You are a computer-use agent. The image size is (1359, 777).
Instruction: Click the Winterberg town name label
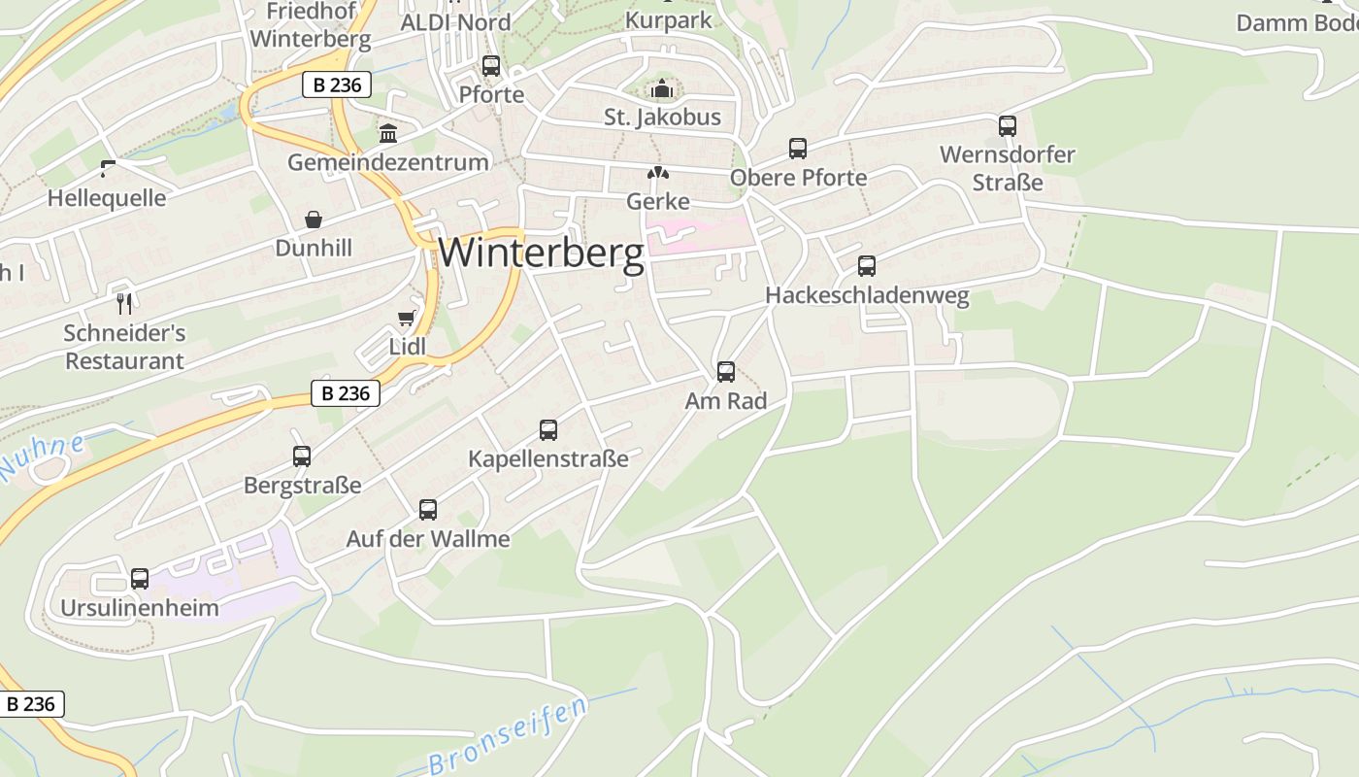click(541, 253)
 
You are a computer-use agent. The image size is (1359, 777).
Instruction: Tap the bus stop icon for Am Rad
click(725, 371)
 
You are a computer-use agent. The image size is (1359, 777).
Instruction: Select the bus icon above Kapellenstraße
click(548, 429)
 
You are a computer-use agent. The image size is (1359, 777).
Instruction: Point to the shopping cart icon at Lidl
click(407, 318)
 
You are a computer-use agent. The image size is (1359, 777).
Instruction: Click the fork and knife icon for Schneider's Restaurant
click(123, 303)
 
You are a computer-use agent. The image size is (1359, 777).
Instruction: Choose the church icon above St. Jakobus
click(662, 88)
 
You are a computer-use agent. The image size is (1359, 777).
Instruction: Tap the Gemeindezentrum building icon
click(388, 133)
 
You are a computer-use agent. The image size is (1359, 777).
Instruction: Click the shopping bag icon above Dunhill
click(314, 220)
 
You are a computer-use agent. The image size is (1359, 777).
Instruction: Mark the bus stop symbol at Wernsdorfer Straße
click(1008, 125)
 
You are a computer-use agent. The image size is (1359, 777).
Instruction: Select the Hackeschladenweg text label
click(867, 295)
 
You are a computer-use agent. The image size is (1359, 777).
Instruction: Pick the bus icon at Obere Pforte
click(798, 149)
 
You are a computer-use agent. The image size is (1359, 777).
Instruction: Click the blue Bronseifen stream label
click(508, 736)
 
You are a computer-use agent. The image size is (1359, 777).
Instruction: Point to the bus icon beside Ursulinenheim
click(140, 579)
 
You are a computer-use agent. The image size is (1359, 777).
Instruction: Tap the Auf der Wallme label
click(428, 538)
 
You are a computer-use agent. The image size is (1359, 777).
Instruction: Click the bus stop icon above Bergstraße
click(302, 456)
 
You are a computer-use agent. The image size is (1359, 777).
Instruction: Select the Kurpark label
click(668, 19)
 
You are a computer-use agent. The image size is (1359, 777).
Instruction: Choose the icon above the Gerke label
click(659, 174)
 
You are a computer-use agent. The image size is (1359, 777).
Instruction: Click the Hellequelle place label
click(107, 198)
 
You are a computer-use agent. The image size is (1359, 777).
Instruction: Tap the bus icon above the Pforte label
click(491, 66)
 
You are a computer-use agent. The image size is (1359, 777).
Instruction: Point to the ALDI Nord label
click(455, 21)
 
